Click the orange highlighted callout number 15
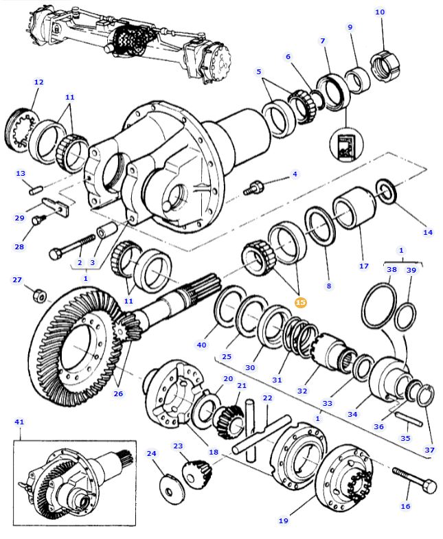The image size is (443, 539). pos(300,302)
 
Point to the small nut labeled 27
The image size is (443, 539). pos(40,297)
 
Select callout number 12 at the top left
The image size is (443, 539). pos(38,82)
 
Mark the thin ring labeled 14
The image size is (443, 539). pos(387,192)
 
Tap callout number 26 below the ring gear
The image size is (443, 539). pos(120,393)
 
